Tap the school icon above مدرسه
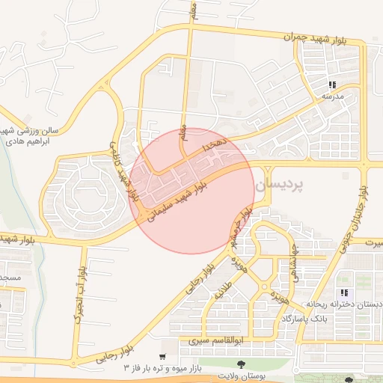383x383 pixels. pos(332,85)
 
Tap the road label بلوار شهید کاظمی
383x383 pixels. pos(125,171)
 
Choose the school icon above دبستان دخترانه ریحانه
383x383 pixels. pos(344,292)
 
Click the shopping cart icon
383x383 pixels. pos(162,358)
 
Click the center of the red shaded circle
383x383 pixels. pos(191,190)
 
